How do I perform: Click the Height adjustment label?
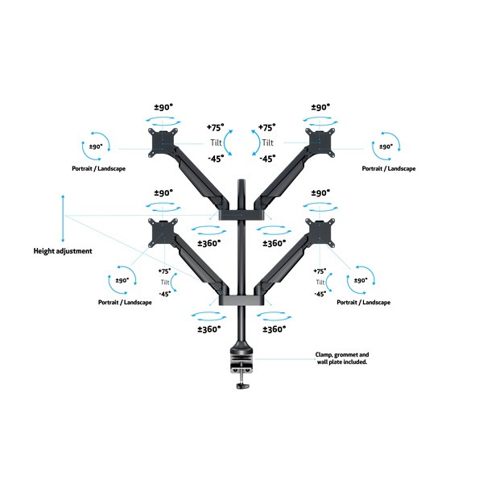63,251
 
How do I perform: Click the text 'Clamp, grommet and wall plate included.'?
342,358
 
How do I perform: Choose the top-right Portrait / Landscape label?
388,169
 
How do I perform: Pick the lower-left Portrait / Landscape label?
122,302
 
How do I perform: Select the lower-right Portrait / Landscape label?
364,302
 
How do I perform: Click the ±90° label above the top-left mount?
165,106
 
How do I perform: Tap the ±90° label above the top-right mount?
320,106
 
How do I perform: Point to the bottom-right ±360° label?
275,328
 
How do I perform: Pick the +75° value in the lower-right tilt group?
320,272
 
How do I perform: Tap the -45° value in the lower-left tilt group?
164,294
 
